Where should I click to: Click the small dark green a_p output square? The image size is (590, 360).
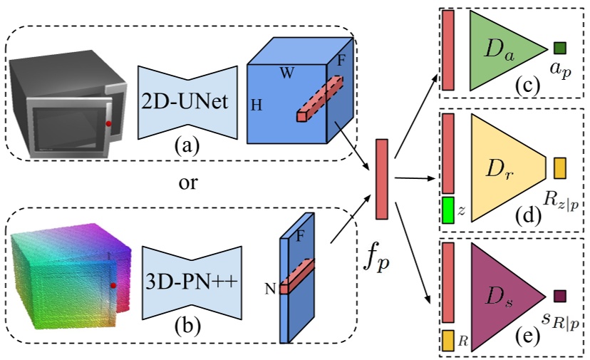pos(559,48)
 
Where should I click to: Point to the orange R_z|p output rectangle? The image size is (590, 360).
pos(559,168)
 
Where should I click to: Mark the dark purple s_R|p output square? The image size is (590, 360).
pos(559,295)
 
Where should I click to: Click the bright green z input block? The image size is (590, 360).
pos(448,210)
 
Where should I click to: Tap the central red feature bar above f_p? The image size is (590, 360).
pos(381,179)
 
